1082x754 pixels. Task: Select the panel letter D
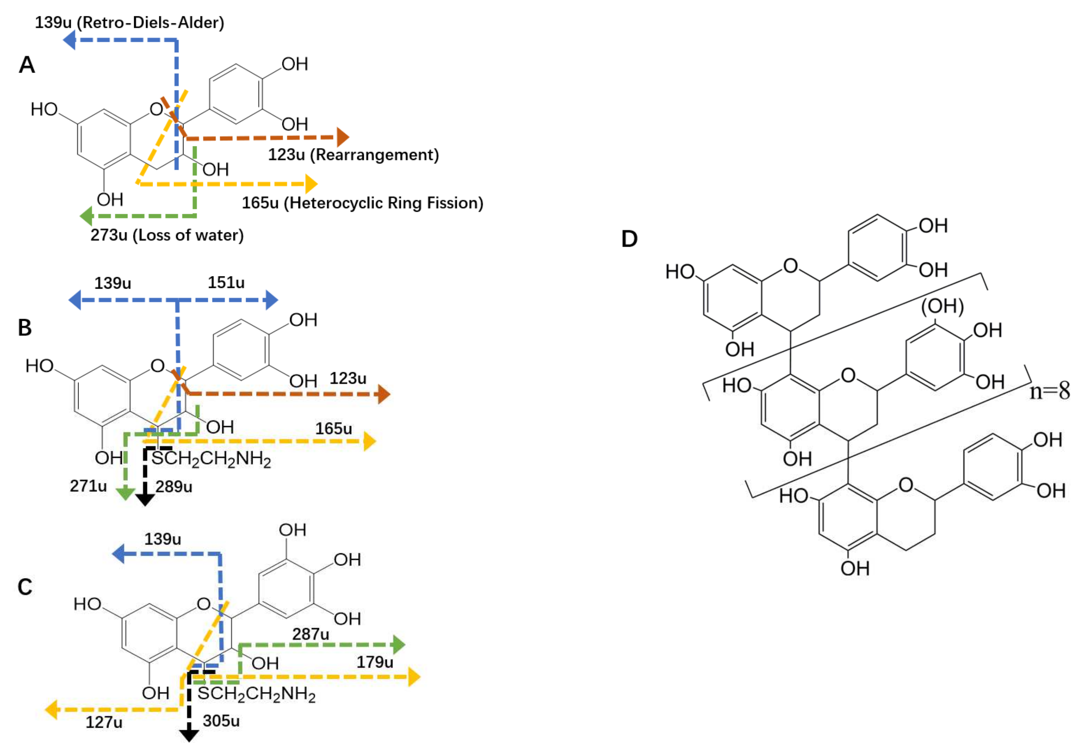[x=629, y=239]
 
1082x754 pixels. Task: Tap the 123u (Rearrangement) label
[x=353, y=155]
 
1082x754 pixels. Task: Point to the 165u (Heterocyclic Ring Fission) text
[x=362, y=203]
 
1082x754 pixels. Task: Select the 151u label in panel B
[x=226, y=282]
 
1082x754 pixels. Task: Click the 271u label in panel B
[x=88, y=485]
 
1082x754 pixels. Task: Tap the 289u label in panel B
[x=174, y=486]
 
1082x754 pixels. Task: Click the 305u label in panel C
[x=221, y=721]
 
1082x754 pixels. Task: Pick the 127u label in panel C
[x=104, y=722]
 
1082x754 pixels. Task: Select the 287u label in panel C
[x=311, y=634]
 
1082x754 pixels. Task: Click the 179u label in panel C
[x=375, y=662]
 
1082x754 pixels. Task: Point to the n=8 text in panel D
[x=1049, y=391]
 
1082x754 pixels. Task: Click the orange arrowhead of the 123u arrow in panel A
[x=343, y=137]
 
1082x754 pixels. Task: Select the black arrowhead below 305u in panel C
[x=189, y=735]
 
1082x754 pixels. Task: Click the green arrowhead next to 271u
[x=125, y=494]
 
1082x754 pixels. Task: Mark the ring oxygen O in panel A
[x=156, y=109]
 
